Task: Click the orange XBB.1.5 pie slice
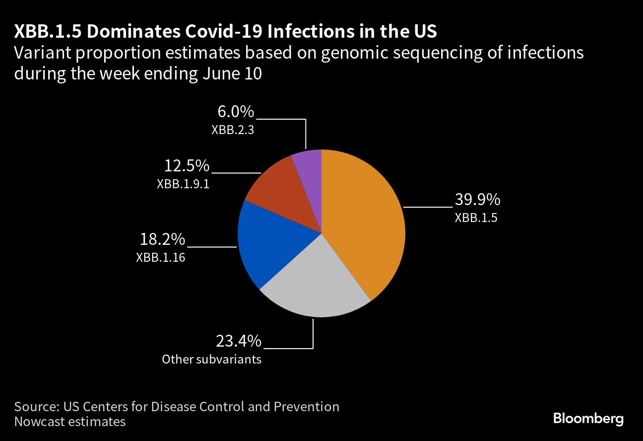[365, 223]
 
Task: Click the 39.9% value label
[477, 200]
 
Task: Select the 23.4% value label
[238, 341]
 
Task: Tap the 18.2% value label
[162, 240]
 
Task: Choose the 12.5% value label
[187, 165]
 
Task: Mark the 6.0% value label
[236, 112]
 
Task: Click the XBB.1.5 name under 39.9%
[476, 218]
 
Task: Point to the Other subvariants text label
[211, 359]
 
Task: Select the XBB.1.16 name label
[160, 257]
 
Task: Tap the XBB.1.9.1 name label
[183, 183]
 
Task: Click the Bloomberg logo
[588, 419]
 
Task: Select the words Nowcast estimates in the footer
[70, 422]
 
